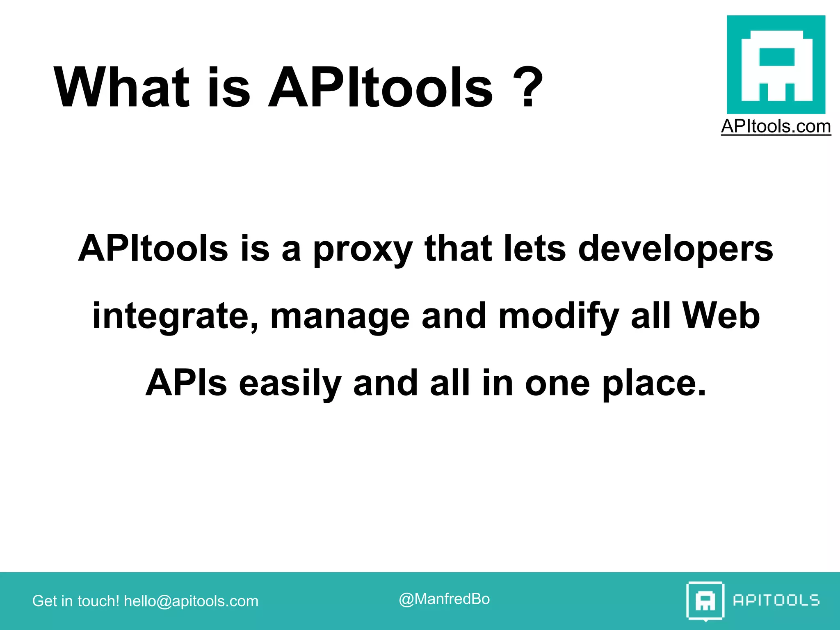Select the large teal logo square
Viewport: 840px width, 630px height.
[x=776, y=64]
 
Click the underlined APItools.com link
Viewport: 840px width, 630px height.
[x=776, y=126]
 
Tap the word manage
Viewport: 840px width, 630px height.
[x=340, y=317]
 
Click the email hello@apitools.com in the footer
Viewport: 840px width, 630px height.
[x=191, y=601]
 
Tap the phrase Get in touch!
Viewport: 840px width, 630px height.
[x=75, y=601]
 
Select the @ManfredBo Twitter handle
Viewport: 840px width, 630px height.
[x=444, y=599]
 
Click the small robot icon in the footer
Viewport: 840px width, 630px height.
[x=705, y=601]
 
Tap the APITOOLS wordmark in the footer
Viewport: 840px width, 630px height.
[x=776, y=600]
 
